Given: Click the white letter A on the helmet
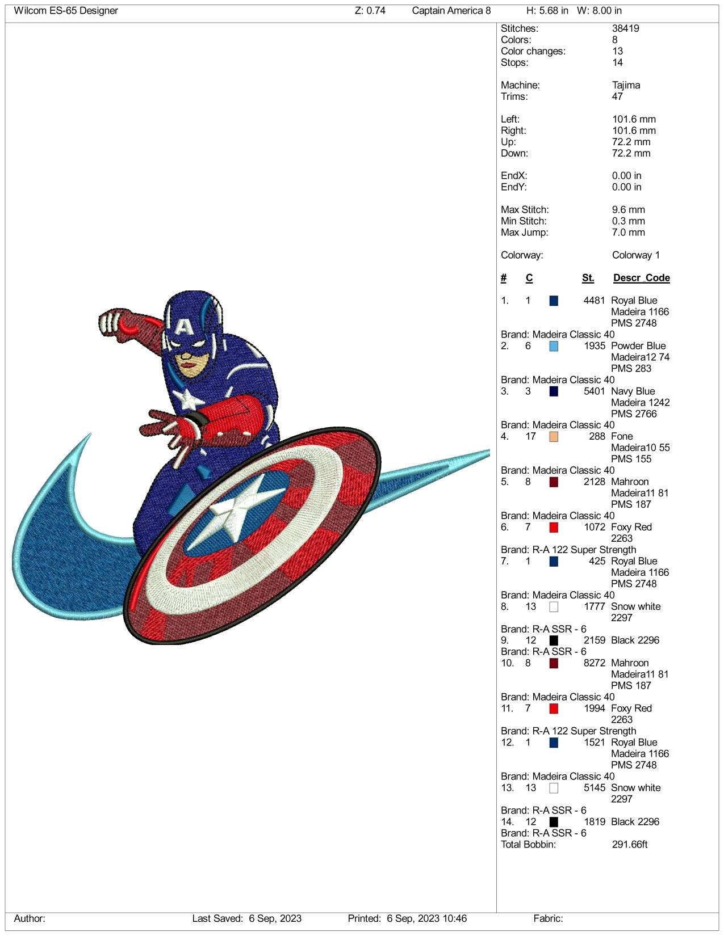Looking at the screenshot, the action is pos(184,326).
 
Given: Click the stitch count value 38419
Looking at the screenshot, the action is pos(625,28).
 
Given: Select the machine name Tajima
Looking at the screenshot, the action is pos(626,85).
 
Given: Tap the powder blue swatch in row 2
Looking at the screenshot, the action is pos(554,346).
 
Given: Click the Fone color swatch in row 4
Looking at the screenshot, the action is pos(554,436).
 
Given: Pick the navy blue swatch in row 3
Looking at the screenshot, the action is pos(554,391).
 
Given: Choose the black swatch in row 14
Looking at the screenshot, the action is pos(554,821).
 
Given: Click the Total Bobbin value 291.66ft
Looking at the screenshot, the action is pos(630,844).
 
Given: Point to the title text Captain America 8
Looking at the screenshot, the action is pos(451,11).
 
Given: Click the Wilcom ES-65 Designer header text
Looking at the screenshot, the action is pos(66,11).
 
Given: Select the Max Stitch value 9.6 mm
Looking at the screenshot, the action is pos(628,210).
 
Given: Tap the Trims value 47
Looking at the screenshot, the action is pos(617,96).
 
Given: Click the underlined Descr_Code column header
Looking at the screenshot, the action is pos(641,278).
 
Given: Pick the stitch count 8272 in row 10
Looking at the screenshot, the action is pos(594,663).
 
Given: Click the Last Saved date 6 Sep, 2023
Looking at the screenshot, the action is pos(275,918).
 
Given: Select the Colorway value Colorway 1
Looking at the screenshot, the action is pos(635,255).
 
